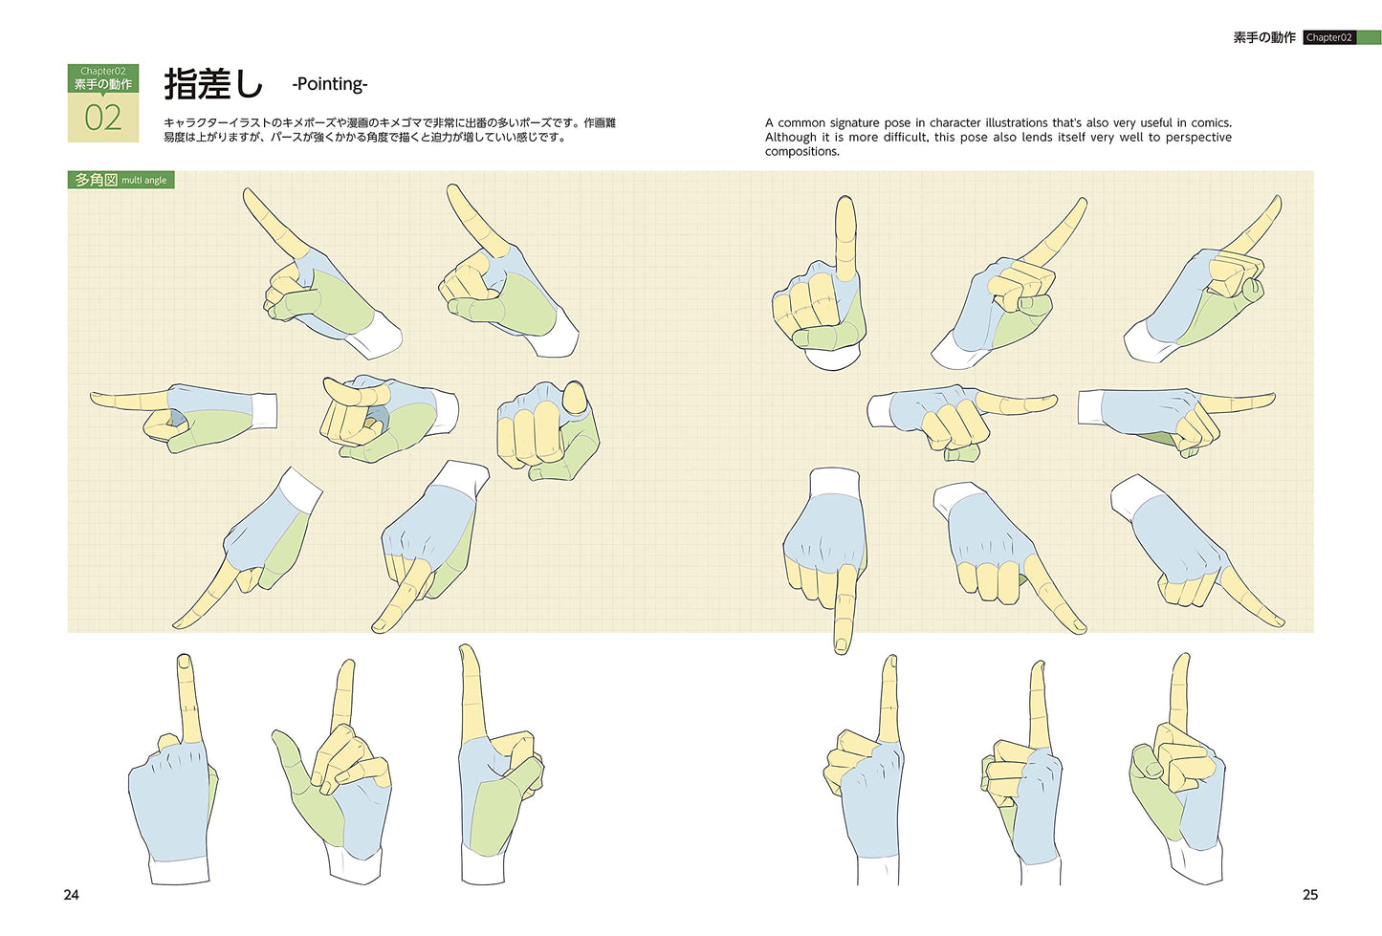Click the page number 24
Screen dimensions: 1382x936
click(x=71, y=895)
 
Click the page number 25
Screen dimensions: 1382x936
click(x=1310, y=895)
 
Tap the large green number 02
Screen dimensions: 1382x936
click(x=103, y=118)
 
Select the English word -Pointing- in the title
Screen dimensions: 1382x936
click(x=329, y=84)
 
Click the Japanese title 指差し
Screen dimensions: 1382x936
click(x=213, y=84)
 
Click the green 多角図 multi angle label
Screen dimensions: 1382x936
click(x=121, y=180)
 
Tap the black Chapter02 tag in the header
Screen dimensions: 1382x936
click(x=1329, y=37)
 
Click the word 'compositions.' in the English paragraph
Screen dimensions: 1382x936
click(x=802, y=152)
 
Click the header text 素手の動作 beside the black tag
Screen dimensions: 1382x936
click(x=1264, y=37)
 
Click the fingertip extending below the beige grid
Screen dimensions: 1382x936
click(x=842, y=645)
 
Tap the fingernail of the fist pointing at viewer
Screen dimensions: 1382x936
click(x=576, y=398)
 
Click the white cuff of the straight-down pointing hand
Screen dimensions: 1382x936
click(x=834, y=482)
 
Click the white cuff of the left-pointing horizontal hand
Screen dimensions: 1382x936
click(x=263, y=411)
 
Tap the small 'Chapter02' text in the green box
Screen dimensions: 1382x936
click(x=103, y=71)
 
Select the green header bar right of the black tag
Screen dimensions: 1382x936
click(x=1368, y=37)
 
